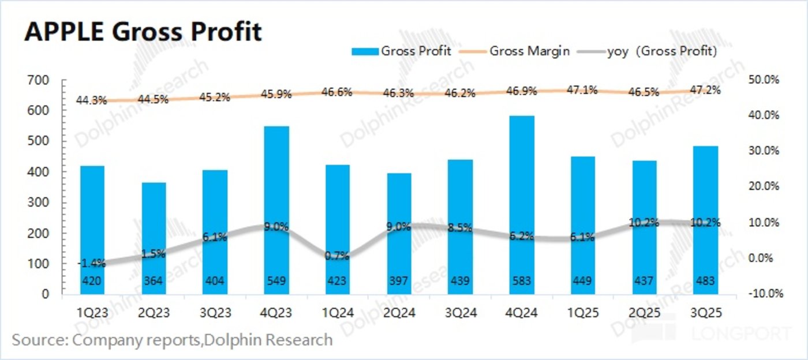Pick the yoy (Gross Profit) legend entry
click(x=661, y=51)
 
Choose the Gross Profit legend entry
click(x=414, y=51)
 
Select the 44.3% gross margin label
click(x=91, y=100)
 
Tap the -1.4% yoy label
click(x=91, y=264)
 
